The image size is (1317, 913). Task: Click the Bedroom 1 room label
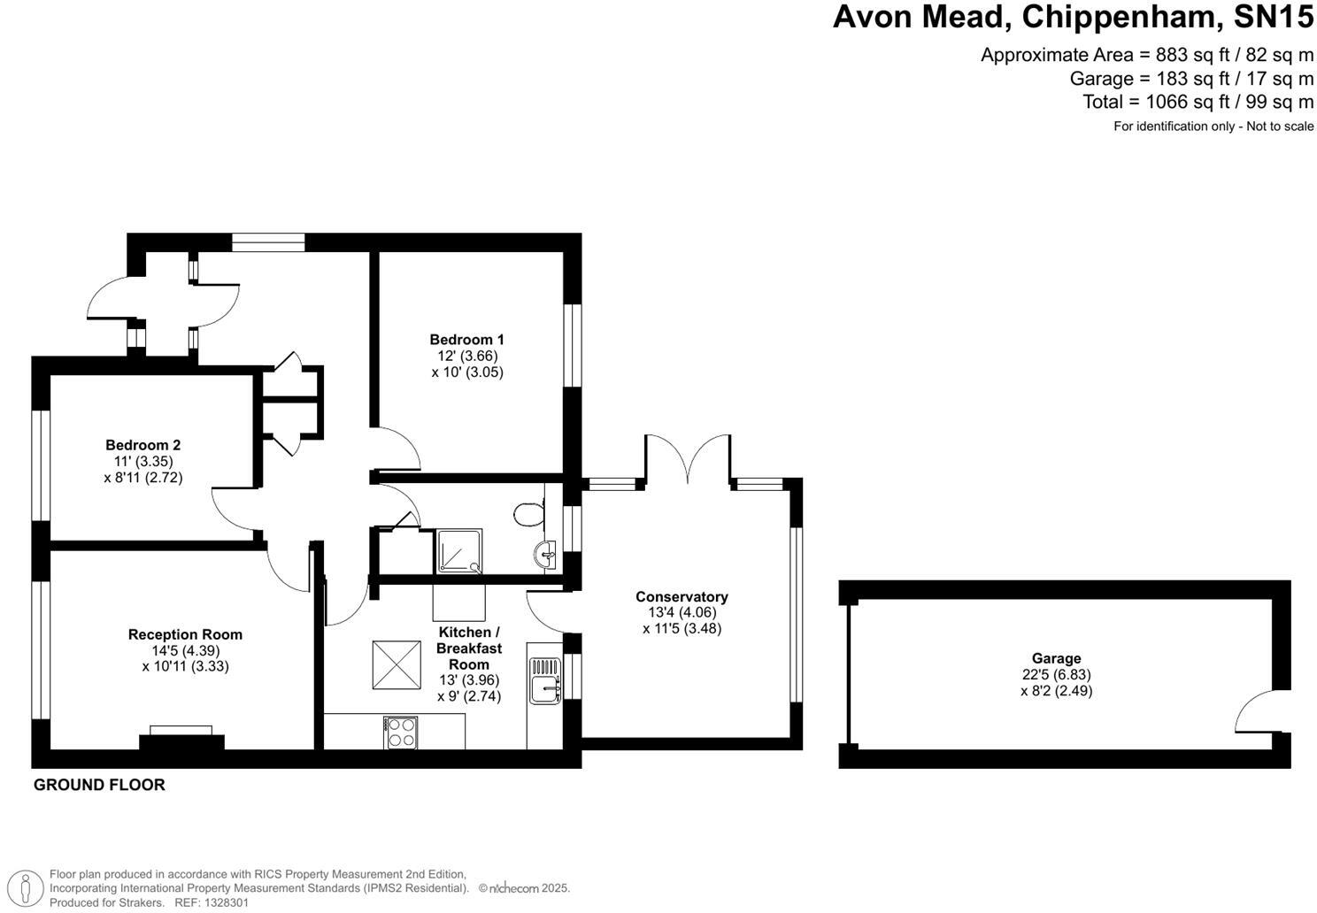[466, 340]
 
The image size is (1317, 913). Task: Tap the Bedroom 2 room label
[142, 445]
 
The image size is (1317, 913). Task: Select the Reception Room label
[185, 634]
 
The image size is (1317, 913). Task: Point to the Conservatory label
[682, 597]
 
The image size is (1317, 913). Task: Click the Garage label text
[1056, 658]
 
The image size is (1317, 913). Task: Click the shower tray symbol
[459, 551]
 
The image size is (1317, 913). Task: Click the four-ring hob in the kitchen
[401, 733]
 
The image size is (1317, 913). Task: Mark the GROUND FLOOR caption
[99, 785]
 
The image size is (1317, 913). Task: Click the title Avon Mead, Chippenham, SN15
[1073, 17]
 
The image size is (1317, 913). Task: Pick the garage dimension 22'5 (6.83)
[1056, 674]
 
